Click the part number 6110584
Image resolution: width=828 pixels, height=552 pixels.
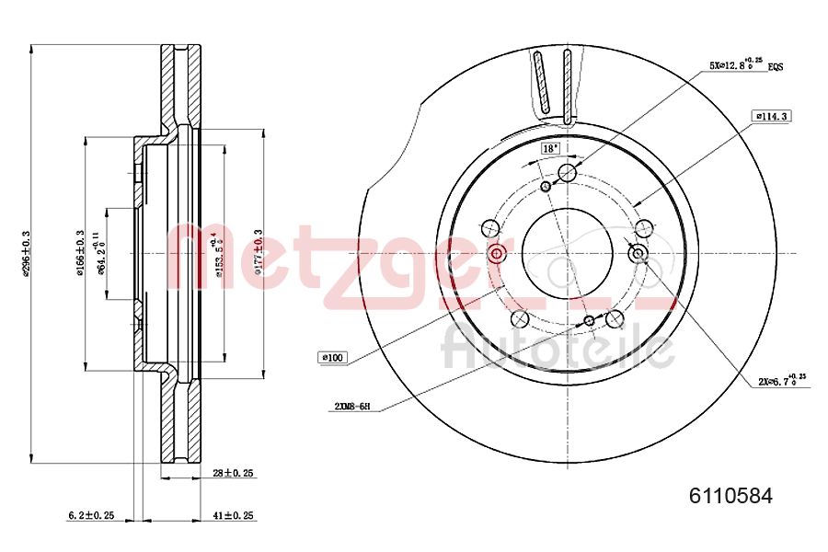pyautogui.click(x=731, y=496)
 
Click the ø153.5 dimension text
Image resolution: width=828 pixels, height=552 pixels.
pyautogui.click(x=217, y=253)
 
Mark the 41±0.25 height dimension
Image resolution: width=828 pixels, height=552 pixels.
pyautogui.click(x=232, y=516)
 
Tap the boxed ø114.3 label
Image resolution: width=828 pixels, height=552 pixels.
pyautogui.click(x=773, y=116)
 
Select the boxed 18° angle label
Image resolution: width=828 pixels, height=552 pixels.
pyautogui.click(x=550, y=147)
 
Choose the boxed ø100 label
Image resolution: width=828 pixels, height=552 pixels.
pyautogui.click(x=332, y=357)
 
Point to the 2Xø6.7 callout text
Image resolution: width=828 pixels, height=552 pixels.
pyautogui.click(x=782, y=379)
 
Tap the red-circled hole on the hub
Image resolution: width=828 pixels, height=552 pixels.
pyautogui.click(x=497, y=254)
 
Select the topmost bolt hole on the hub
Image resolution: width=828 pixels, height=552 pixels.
pyautogui.click(x=568, y=173)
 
